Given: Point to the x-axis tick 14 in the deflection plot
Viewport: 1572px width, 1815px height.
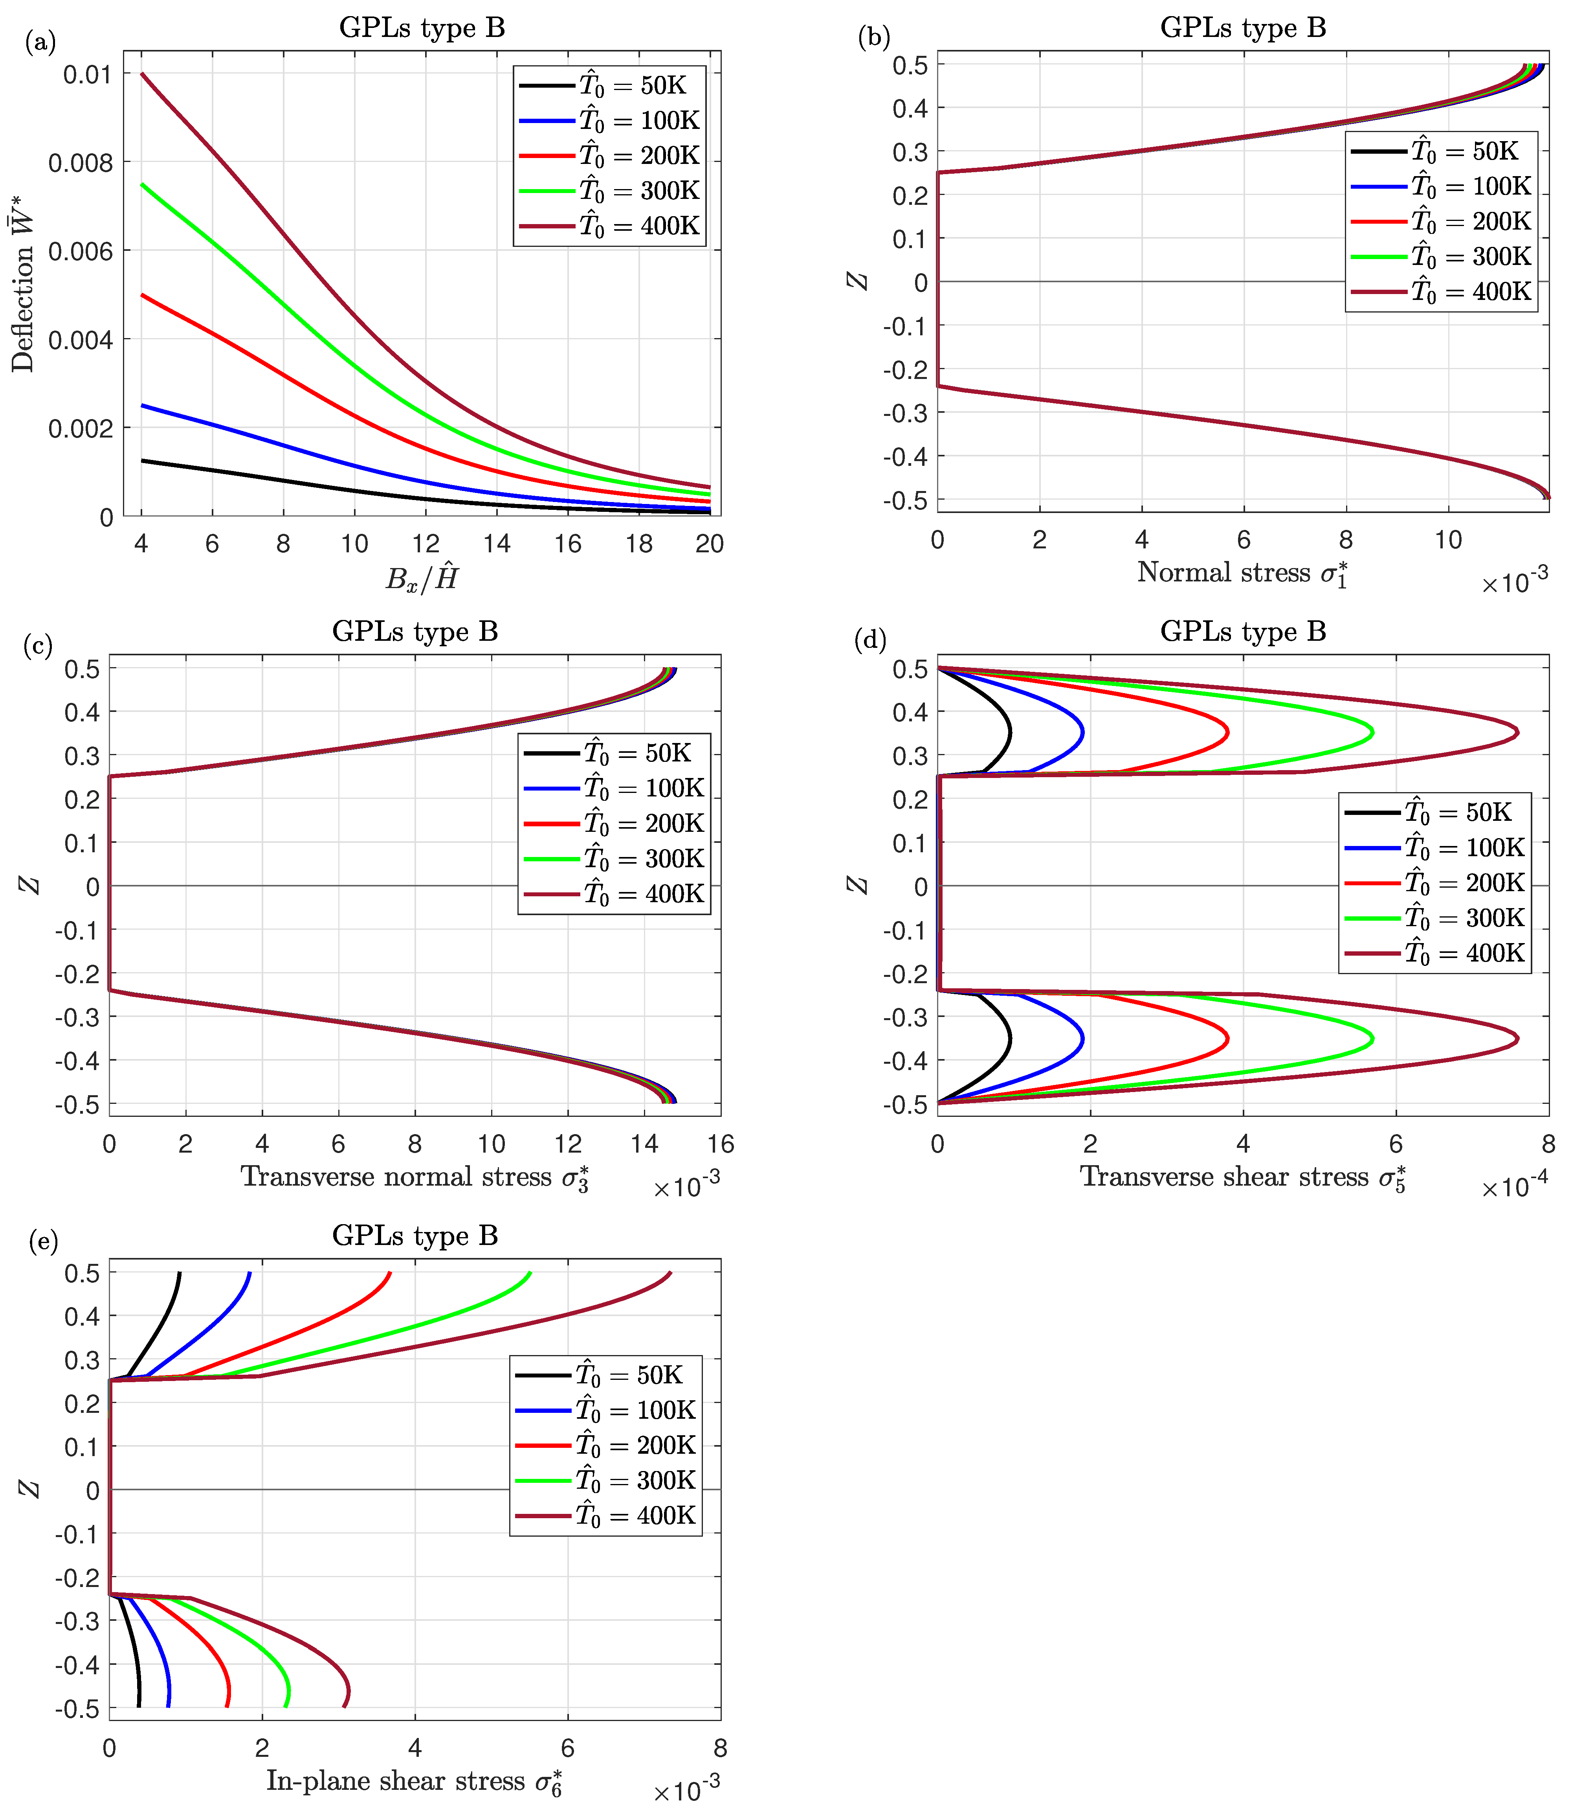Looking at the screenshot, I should pyautogui.click(x=497, y=544).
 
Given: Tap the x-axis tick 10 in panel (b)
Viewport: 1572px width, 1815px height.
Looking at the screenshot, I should pyautogui.click(x=1447, y=540).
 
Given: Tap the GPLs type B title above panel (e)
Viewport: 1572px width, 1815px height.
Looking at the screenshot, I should pyautogui.click(x=415, y=1236).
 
